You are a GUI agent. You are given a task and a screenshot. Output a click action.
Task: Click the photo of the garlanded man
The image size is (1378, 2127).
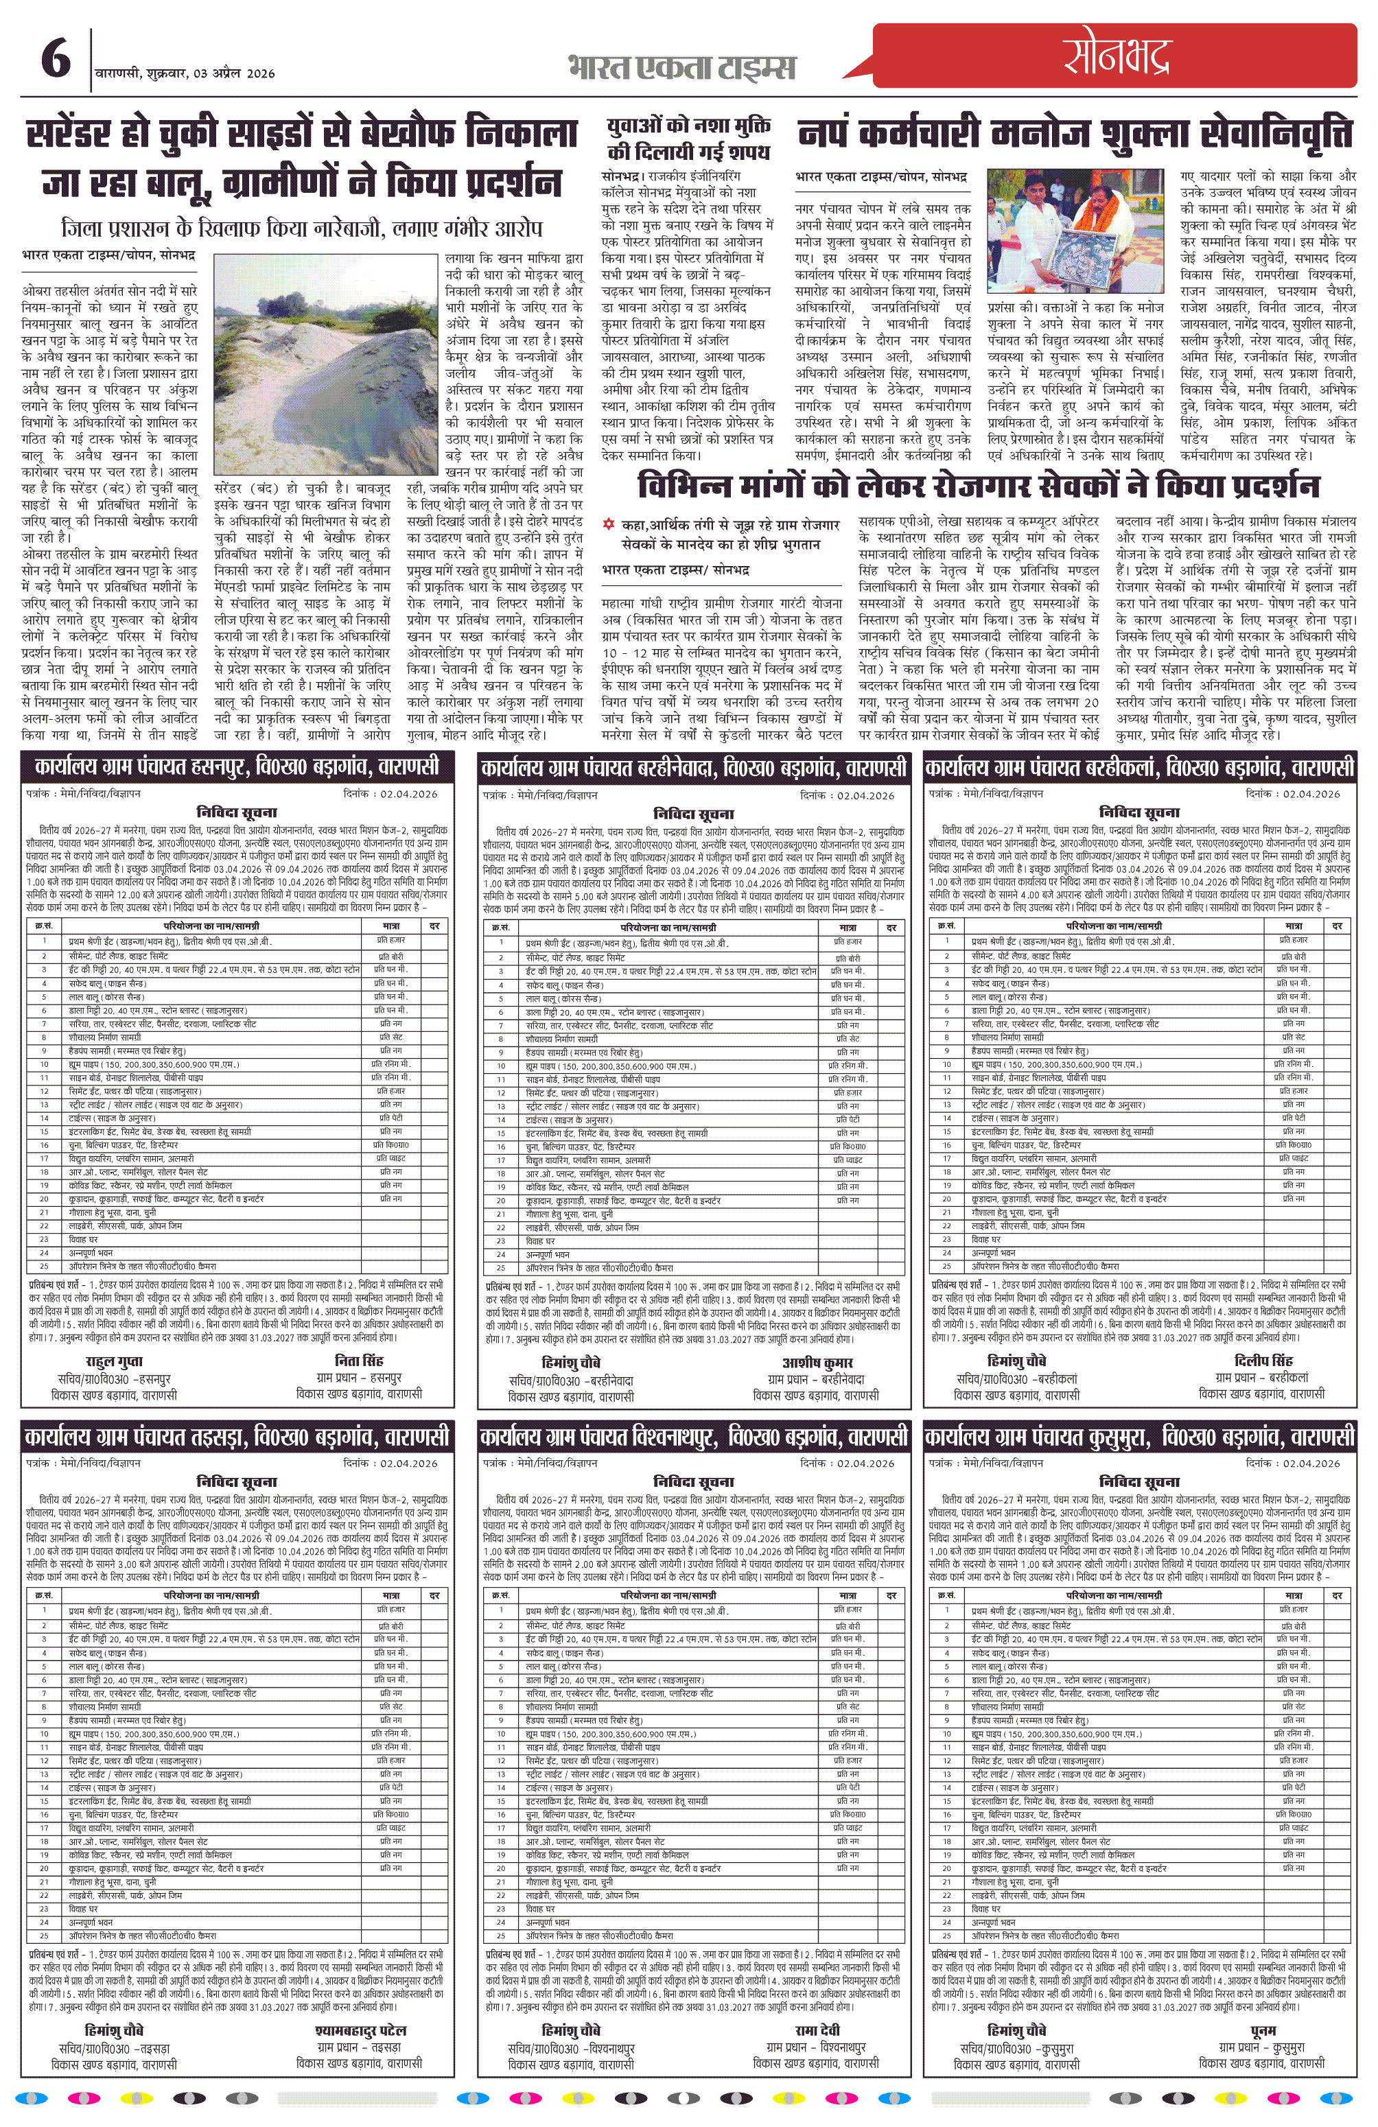pos(1076,231)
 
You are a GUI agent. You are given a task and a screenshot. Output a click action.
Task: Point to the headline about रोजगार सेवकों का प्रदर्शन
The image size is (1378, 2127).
pos(979,487)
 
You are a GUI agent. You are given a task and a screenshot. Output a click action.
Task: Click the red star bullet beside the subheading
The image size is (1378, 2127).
pos(609,525)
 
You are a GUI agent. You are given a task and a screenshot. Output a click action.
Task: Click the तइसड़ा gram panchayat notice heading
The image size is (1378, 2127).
pos(237,1436)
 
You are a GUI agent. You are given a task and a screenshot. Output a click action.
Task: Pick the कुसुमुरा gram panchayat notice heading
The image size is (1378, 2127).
pos(1139,1436)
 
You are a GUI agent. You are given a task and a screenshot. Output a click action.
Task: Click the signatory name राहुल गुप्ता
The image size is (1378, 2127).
pos(113,1362)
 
